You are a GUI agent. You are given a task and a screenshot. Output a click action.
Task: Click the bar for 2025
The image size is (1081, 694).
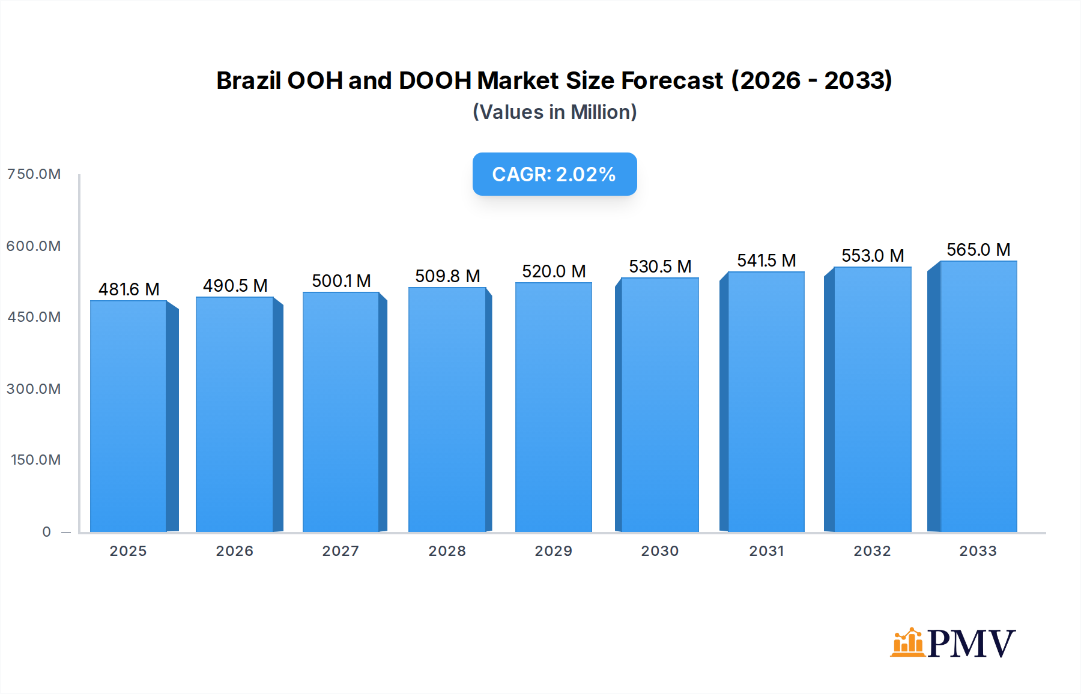(129, 415)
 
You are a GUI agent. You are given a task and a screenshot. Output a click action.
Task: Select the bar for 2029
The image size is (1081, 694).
(553, 407)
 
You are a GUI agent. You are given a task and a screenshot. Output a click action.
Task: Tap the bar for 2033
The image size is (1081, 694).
(978, 396)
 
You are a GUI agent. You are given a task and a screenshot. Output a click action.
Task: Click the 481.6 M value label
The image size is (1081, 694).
(129, 289)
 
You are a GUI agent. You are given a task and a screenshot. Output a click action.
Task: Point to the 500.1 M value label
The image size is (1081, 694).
(341, 281)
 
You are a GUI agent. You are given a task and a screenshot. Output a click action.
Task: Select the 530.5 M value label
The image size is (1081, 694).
(660, 267)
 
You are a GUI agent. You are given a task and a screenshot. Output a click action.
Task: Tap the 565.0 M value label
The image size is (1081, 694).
(978, 250)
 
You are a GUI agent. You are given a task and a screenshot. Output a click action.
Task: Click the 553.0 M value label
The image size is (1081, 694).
(873, 256)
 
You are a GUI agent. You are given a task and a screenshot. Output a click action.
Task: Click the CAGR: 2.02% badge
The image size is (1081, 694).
(554, 174)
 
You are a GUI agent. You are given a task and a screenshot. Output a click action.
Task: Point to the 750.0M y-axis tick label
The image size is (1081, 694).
(34, 174)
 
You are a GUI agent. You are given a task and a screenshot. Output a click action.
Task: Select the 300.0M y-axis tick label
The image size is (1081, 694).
(34, 389)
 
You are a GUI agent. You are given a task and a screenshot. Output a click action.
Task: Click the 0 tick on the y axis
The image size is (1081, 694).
(46, 532)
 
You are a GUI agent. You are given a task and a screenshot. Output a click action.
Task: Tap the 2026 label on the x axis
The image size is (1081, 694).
(234, 551)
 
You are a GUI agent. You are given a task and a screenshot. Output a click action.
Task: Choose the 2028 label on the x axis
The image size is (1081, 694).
(447, 551)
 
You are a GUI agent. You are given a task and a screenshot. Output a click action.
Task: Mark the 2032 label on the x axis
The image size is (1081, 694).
(872, 551)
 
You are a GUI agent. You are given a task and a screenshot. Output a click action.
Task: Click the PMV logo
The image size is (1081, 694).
(952, 644)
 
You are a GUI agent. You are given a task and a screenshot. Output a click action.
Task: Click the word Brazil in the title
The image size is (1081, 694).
(248, 80)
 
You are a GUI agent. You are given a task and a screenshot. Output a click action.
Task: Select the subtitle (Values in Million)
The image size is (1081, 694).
(554, 112)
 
